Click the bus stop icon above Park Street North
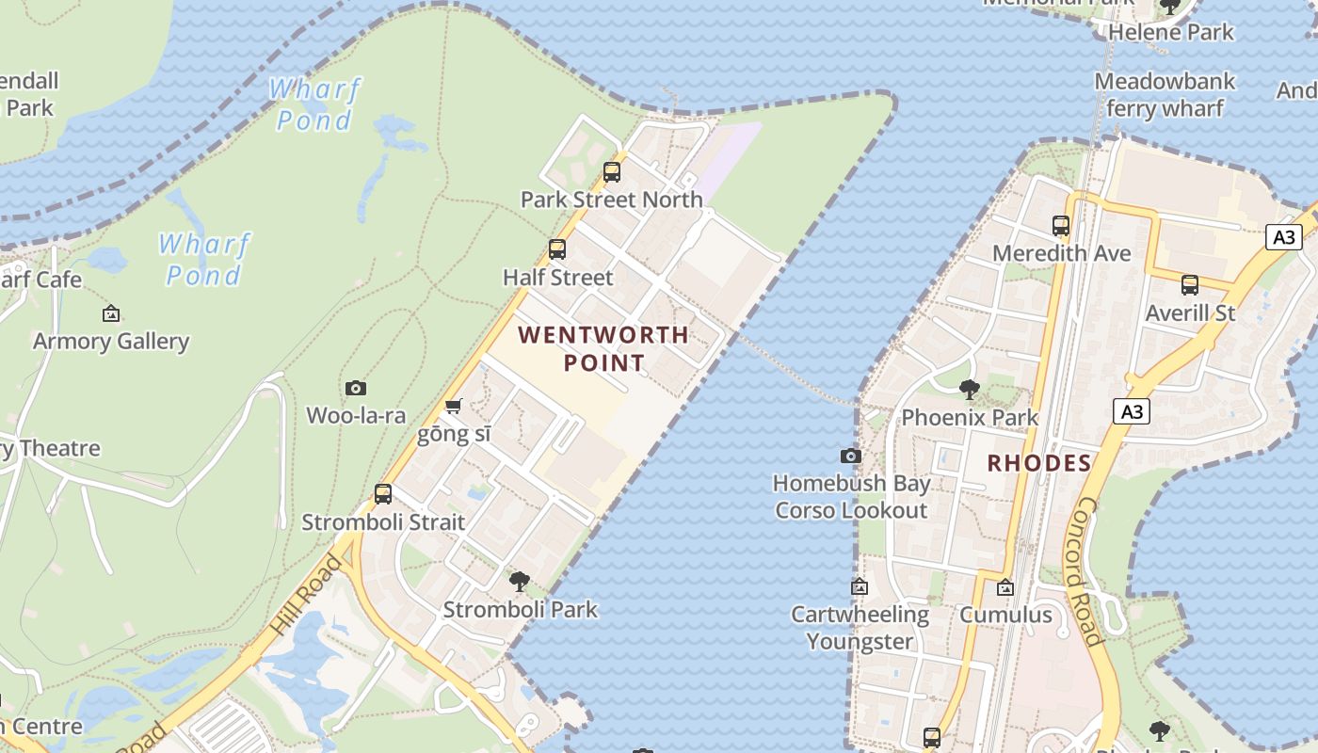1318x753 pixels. click(612, 172)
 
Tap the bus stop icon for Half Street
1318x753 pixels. click(557, 249)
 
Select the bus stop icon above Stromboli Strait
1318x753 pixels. click(383, 494)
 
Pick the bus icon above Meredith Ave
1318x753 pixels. click(1061, 226)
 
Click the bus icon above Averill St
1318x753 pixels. click(1190, 285)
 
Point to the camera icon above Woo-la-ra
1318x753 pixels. click(355, 388)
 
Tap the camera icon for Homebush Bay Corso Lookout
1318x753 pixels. click(851, 456)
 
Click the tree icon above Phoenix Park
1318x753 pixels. click(970, 390)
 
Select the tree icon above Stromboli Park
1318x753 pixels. click(519, 582)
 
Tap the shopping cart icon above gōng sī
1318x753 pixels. click(454, 407)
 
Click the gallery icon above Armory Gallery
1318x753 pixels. click(111, 313)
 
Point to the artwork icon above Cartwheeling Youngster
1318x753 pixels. click(860, 586)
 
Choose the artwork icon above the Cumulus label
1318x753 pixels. click(1005, 587)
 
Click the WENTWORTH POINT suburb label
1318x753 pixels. click(603, 348)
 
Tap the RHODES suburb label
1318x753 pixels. click(1038, 463)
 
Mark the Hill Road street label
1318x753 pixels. click(307, 593)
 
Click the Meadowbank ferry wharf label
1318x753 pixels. click(1165, 94)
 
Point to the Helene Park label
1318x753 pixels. click(1170, 32)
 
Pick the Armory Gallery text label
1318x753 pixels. click(111, 341)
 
